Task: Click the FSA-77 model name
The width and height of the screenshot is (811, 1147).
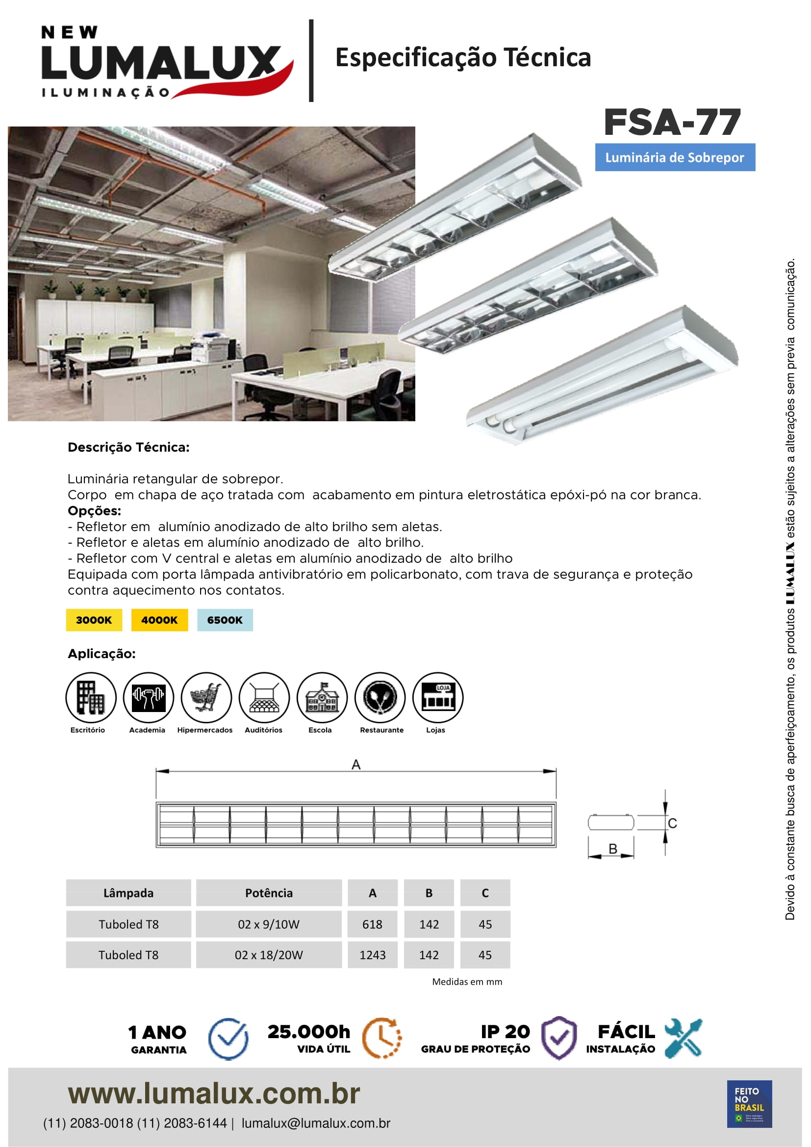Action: click(672, 123)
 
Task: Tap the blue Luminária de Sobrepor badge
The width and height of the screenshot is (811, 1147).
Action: click(675, 157)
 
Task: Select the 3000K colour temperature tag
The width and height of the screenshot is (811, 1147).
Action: click(94, 620)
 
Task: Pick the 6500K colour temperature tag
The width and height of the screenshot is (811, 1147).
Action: click(225, 620)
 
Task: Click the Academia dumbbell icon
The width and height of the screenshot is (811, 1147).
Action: click(148, 697)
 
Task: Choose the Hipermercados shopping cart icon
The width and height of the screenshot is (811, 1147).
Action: click(206, 697)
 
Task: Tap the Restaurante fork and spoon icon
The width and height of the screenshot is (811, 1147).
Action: click(380, 697)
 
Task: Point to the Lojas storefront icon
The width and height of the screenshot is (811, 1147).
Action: click(438, 697)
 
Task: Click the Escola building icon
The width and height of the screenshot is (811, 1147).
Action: click(322, 697)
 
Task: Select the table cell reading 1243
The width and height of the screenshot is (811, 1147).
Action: click(373, 955)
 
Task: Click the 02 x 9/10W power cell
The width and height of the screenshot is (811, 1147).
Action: click(269, 924)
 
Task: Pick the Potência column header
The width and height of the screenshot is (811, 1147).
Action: click(269, 892)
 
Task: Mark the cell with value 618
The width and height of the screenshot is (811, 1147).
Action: click(373, 924)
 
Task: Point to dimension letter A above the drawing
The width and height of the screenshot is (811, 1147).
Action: click(356, 765)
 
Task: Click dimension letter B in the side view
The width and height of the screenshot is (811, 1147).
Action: click(613, 849)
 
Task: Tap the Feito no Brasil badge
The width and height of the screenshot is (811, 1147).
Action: click(749, 1104)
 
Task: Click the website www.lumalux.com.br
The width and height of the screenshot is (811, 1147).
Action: click(214, 1094)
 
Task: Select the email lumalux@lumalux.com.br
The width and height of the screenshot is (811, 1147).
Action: click(316, 1123)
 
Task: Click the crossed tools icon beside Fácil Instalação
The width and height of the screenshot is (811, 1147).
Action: click(683, 1038)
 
